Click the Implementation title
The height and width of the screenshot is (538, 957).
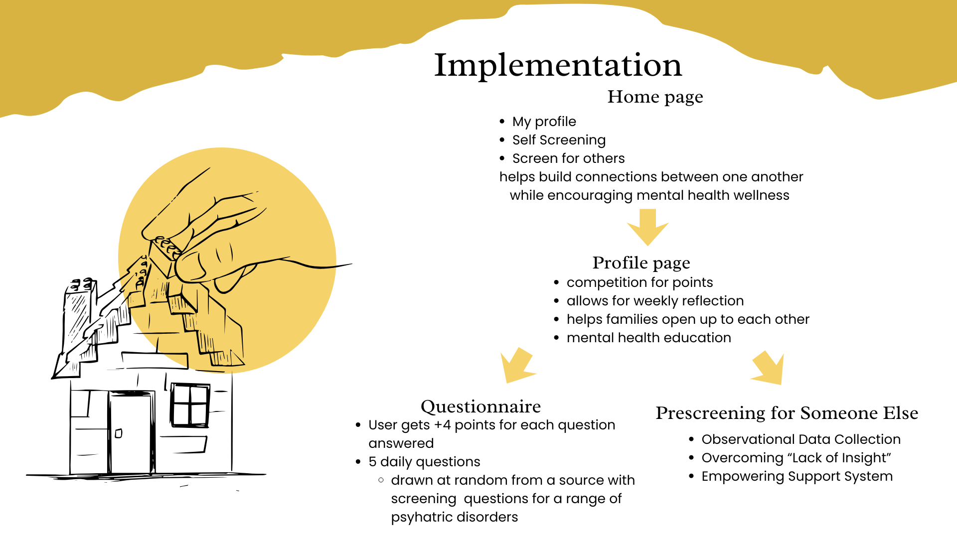pos(558,65)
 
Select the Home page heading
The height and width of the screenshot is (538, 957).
pos(655,97)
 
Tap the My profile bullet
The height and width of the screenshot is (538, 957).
pos(544,122)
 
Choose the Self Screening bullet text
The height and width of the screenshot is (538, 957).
pos(559,140)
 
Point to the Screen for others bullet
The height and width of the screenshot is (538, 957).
pos(568,158)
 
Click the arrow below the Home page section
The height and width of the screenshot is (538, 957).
pos(647,228)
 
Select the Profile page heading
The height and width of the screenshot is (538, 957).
pos(641,263)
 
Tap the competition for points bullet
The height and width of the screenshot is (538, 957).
pos(639,282)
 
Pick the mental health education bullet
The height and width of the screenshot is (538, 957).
pos(648,338)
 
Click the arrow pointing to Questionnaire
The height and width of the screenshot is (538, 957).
pos(517,366)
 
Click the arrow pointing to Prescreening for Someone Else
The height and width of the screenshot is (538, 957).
pos(768,368)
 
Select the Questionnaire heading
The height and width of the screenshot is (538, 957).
pos(480,406)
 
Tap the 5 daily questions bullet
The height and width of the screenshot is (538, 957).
pos(424,462)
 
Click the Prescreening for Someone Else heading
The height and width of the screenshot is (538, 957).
pos(787,413)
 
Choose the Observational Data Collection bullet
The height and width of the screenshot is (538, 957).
pos(801,439)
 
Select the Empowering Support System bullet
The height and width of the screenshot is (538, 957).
pos(797,476)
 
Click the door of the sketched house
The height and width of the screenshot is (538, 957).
pos(131,432)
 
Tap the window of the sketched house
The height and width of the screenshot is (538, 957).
pos(190,405)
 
